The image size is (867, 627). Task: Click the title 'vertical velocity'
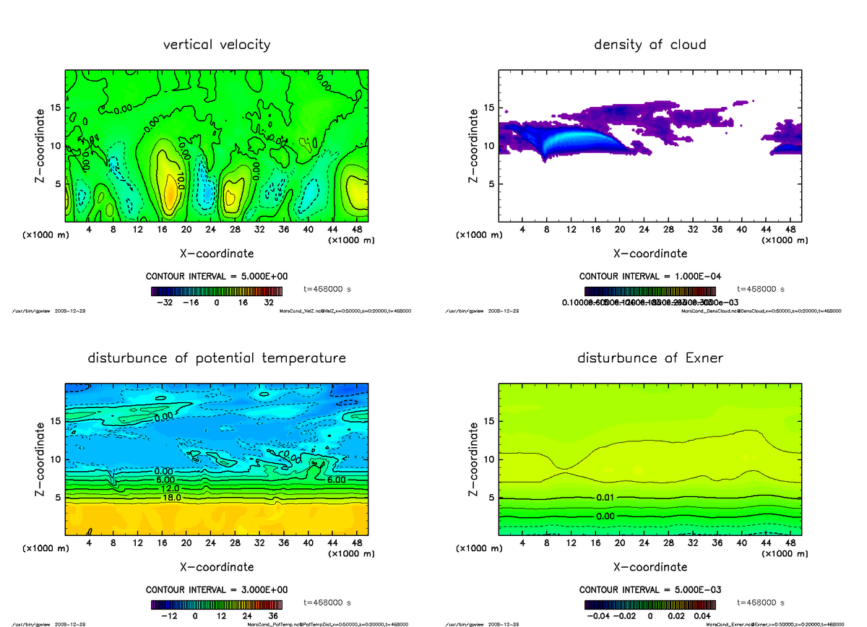pos(217,45)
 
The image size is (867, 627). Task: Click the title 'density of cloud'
pos(650,45)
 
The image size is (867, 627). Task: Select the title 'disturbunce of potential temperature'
pos(217,358)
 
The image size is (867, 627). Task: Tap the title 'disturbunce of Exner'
pos(650,358)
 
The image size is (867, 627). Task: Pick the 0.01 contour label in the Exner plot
pos(605,498)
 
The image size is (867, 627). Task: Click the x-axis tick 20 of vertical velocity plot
pos(186,229)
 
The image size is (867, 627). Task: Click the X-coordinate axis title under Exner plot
pos(650,567)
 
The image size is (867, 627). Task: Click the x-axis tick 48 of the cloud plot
pos(790,229)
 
